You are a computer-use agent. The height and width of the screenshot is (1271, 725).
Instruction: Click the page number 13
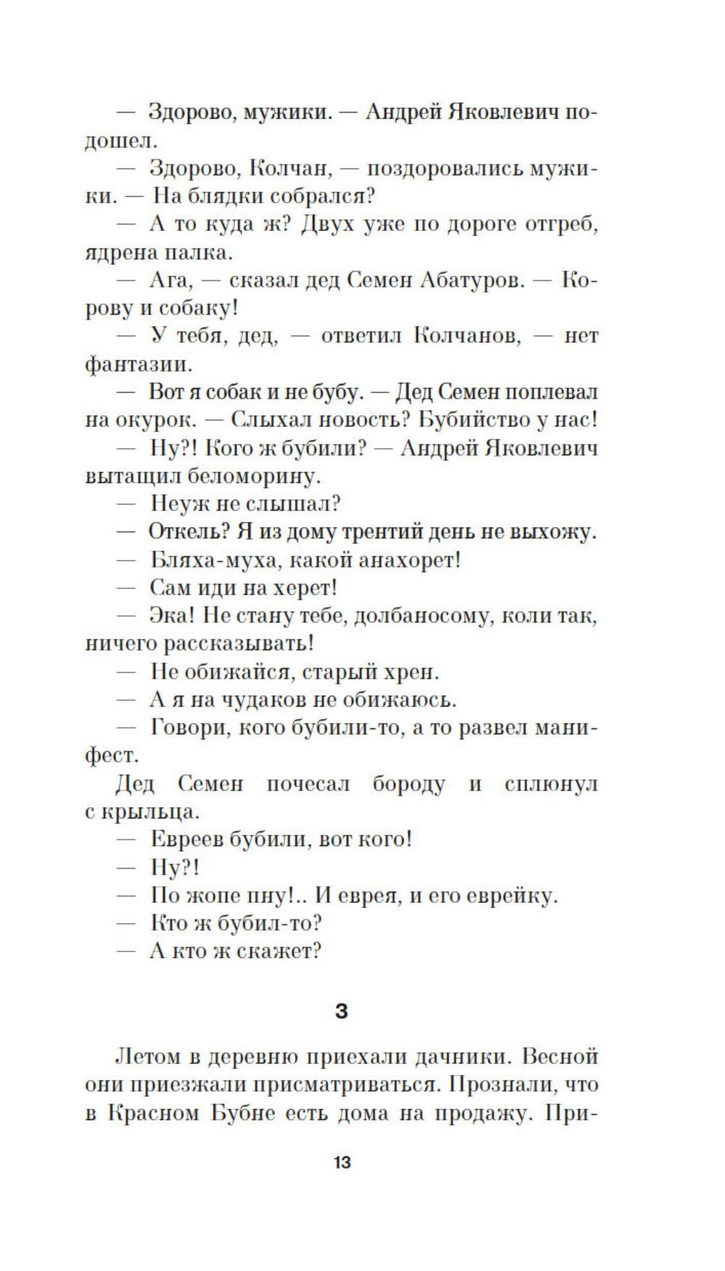pyautogui.click(x=342, y=1162)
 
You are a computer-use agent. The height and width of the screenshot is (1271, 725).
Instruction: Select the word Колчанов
pyautogui.click(x=467, y=336)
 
